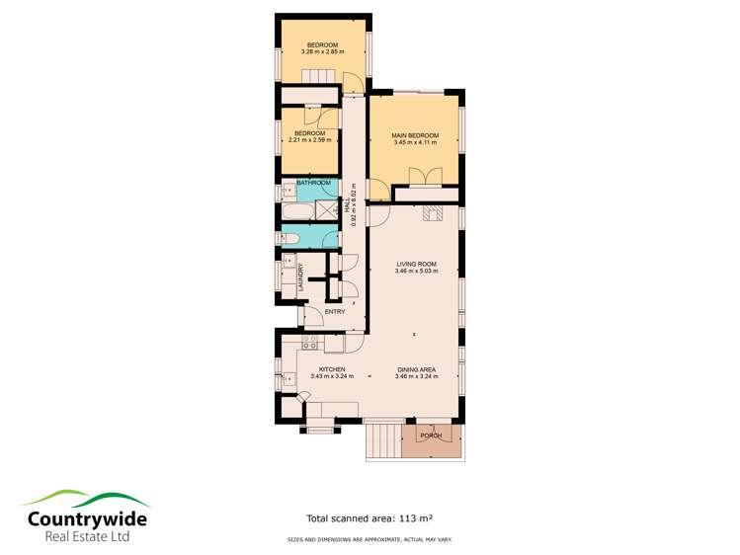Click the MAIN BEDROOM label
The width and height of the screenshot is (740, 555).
pos(415,135)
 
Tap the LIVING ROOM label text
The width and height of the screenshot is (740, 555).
pos(415,264)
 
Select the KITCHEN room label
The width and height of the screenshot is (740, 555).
pos(331,368)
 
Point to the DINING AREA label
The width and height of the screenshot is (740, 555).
pos(416,368)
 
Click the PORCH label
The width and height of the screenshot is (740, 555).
pos(431,436)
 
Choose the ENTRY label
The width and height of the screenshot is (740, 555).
pos(334,313)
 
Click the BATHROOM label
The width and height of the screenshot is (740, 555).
pos(313,183)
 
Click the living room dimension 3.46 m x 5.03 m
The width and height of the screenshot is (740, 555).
pos(415,272)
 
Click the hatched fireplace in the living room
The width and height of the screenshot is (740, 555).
pos(430,210)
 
